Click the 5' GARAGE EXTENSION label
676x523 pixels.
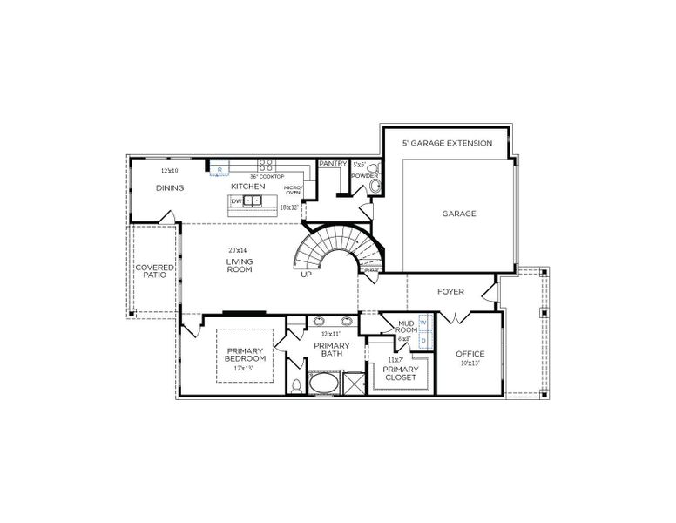pyautogui.click(x=446, y=143)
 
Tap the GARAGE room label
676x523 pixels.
pyautogui.click(x=458, y=214)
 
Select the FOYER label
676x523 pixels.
pyautogui.click(x=450, y=292)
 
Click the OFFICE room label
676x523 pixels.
pyautogui.click(x=470, y=353)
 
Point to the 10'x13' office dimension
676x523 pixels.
pyautogui.click(x=470, y=363)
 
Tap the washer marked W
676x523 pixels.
pyautogui.click(x=423, y=322)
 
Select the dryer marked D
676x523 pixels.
pyautogui.click(x=423, y=340)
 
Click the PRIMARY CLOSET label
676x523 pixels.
pyautogui.click(x=401, y=374)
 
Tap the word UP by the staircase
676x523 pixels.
pyautogui.click(x=306, y=274)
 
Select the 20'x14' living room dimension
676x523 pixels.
pyautogui.click(x=239, y=250)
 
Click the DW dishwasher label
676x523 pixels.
pyautogui.click(x=235, y=200)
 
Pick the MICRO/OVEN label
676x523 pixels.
pyautogui.click(x=293, y=190)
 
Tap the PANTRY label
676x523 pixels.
pyautogui.click(x=333, y=163)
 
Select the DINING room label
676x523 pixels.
pyautogui.click(x=170, y=187)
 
